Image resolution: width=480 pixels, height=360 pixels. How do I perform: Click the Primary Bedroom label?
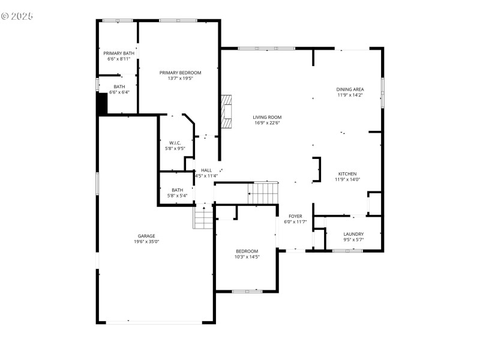(180, 73)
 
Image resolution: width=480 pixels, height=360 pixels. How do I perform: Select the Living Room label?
(267, 117)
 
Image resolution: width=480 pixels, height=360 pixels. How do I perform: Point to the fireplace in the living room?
(226, 112)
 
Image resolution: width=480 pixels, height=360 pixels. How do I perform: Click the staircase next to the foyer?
(264, 193)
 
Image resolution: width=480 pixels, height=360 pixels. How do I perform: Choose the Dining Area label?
(350, 89)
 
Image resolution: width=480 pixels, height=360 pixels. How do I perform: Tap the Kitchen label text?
(347, 173)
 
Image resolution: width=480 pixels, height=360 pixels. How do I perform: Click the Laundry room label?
(353, 234)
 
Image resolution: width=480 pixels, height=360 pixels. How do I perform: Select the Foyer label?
(295, 216)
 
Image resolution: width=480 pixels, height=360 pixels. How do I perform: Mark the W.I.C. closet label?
(176, 143)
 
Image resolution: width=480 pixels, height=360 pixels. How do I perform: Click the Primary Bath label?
(118, 53)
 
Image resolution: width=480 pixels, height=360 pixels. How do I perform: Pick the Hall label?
(206, 170)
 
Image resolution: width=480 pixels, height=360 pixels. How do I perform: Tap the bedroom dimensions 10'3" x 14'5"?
(247, 257)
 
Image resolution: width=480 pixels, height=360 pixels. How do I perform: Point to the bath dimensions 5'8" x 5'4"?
(177, 196)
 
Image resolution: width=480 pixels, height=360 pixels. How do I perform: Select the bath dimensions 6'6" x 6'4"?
(119, 92)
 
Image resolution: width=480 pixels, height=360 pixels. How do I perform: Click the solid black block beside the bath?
(102, 104)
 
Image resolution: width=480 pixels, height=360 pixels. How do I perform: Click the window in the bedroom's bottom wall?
(247, 292)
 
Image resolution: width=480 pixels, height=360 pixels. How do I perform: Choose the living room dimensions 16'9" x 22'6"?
(267, 123)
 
